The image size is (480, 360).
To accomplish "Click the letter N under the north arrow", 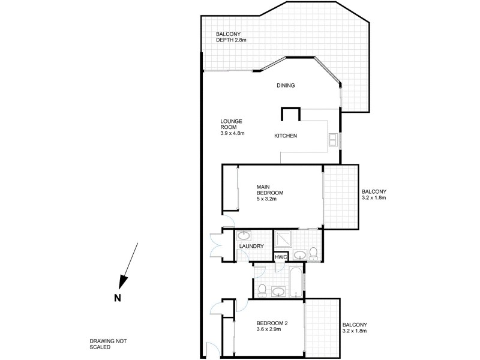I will (x=118, y=296).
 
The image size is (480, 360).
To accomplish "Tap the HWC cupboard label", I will (x=280, y=257).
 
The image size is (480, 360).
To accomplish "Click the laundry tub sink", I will (x=244, y=235).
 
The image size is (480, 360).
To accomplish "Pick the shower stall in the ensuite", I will (x=284, y=240).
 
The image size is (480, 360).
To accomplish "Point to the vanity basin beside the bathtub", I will (x=278, y=292).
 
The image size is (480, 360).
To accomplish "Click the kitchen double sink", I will (x=333, y=140).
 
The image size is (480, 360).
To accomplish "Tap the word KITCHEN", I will (x=286, y=136).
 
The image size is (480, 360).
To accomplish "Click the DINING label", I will (x=286, y=86).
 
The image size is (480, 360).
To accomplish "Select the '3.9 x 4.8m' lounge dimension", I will (x=233, y=133).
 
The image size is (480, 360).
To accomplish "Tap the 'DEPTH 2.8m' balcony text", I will (x=231, y=40).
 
